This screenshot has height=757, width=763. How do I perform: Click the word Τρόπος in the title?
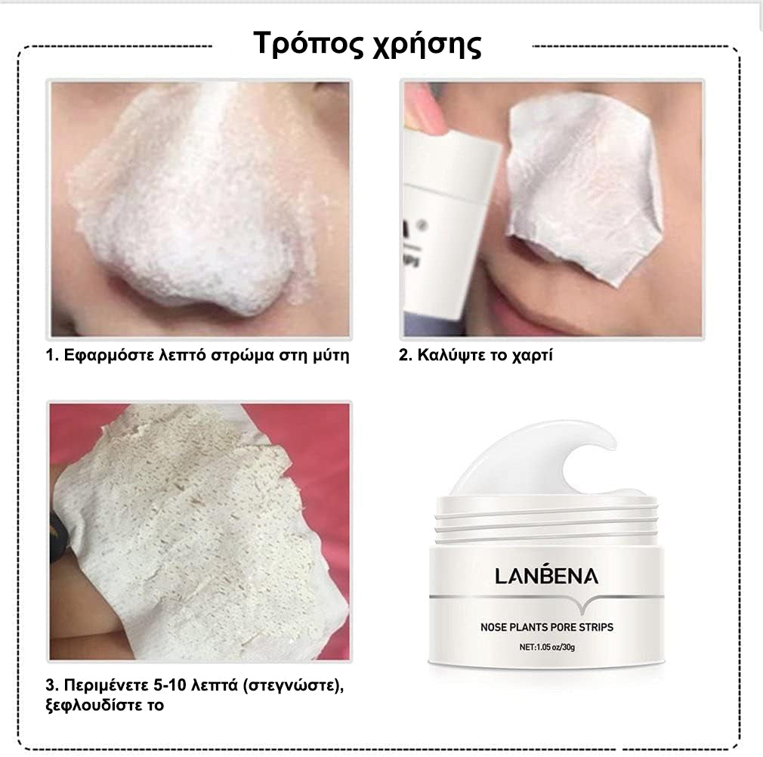click(308, 44)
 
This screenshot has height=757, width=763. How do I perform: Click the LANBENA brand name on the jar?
click(546, 575)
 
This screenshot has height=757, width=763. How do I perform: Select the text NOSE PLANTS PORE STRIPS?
click(547, 627)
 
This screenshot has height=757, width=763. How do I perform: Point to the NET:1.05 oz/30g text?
click(547, 647)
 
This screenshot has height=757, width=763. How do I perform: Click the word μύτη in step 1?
click(330, 356)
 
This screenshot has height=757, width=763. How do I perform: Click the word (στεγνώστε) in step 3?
click(293, 686)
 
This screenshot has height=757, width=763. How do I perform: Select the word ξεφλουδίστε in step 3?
click(93, 705)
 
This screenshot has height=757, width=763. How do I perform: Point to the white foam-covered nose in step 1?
click(195, 204)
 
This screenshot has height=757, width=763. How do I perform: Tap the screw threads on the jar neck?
click(546, 521)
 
